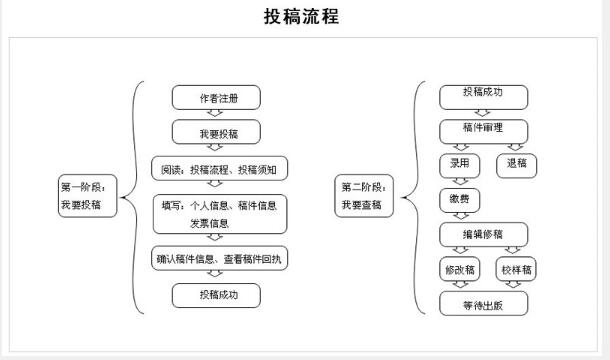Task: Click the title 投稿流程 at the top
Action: pyautogui.click(x=301, y=18)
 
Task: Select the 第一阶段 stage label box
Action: pyautogui.click(x=88, y=195)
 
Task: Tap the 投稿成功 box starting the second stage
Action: pyautogui.click(x=483, y=94)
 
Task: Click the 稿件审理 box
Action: pyautogui.click(x=483, y=130)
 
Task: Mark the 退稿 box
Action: pyautogui.click(x=517, y=164)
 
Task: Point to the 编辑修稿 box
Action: pyautogui.click(x=483, y=234)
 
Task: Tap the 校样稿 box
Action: pyautogui.click(x=517, y=270)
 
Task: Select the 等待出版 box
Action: pyautogui.click(x=483, y=304)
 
